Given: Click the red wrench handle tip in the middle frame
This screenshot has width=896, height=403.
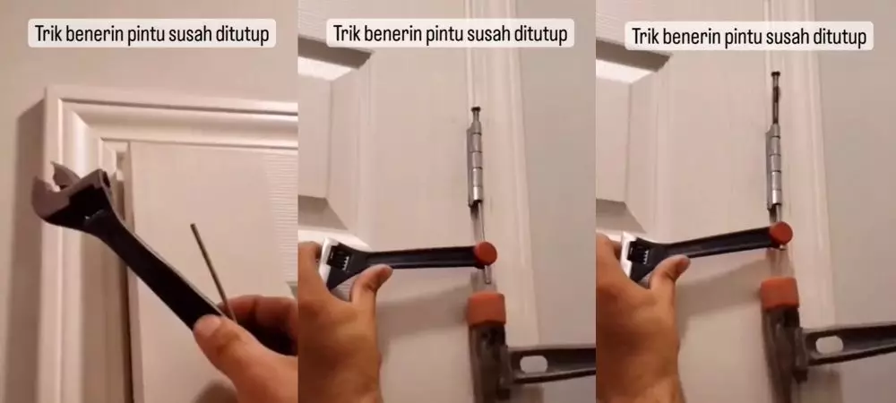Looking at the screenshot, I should coord(485,253).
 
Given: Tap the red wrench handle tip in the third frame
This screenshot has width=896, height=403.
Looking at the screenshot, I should coord(780,234).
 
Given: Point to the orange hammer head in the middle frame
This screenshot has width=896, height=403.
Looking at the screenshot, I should coord(485,306).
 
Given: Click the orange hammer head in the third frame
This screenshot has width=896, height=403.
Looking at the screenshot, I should coord(780,293).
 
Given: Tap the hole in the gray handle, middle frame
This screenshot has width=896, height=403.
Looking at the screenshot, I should coord(534,364).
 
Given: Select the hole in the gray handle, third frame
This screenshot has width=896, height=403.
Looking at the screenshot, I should coord(830,344).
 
